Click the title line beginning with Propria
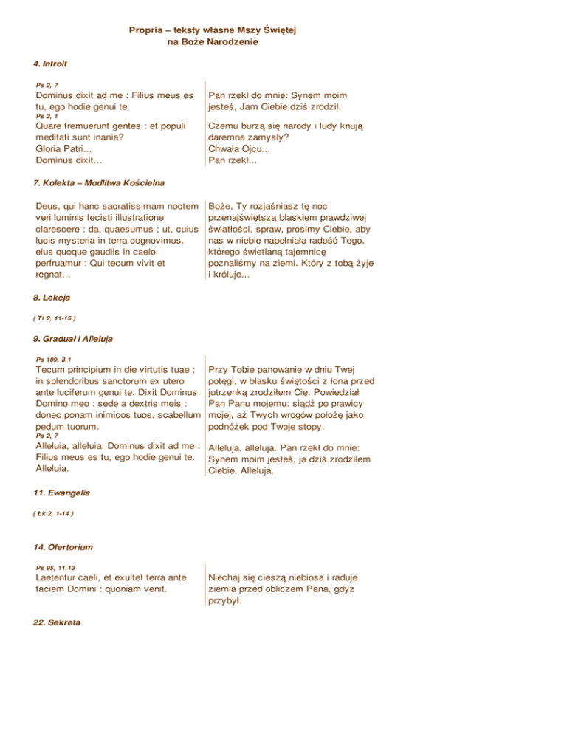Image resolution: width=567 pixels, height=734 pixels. click(x=217, y=30)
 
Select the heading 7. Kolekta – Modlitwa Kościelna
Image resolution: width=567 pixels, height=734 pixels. click(x=99, y=182)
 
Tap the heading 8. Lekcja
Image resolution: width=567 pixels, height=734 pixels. click(x=54, y=298)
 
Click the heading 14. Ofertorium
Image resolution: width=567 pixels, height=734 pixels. click(x=66, y=547)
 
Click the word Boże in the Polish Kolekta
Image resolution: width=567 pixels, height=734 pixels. click(x=223, y=206)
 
